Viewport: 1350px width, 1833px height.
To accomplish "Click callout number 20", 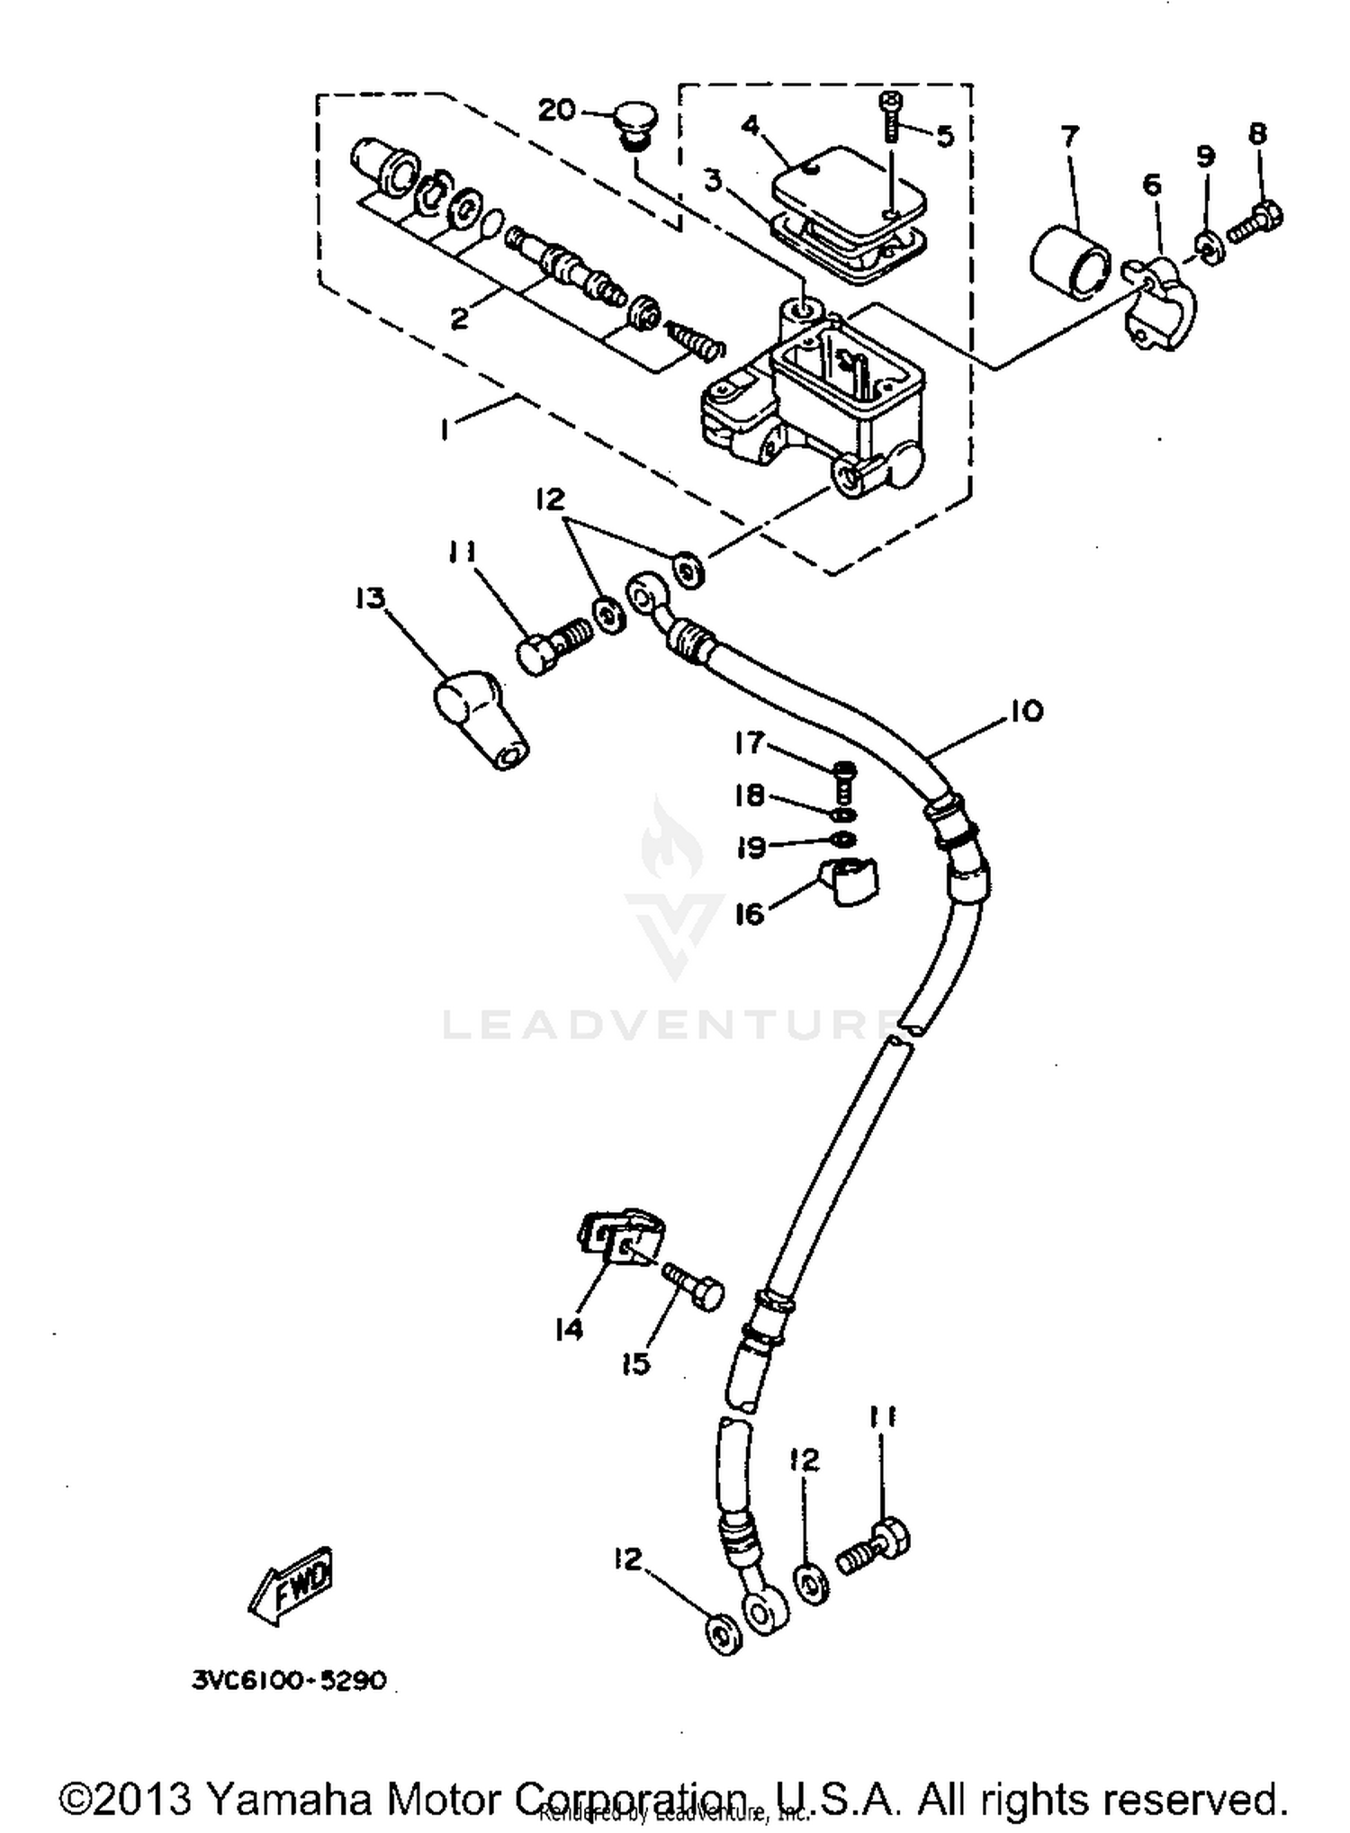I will click(x=556, y=110).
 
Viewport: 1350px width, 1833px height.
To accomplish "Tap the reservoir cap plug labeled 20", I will click(x=636, y=125).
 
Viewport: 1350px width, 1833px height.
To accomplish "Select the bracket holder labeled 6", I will click(x=1163, y=304).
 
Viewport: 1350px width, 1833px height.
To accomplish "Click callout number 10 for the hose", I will click(x=1024, y=711).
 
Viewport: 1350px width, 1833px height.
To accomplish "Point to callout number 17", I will click(x=749, y=743).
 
